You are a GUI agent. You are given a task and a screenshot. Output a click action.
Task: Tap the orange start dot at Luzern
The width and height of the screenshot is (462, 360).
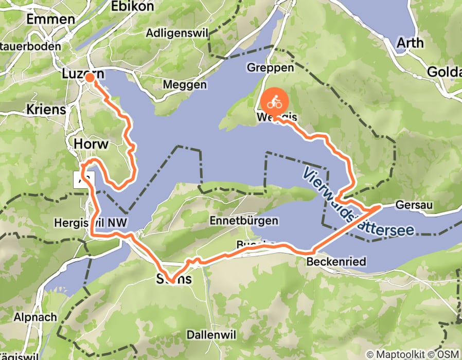tap(89, 78)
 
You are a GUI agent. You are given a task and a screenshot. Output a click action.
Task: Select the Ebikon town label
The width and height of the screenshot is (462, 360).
tap(133, 7)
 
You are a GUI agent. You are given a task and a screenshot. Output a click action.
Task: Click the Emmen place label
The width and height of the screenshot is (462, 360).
tap(50, 20)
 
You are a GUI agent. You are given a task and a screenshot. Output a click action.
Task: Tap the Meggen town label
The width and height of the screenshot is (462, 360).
tap(185, 84)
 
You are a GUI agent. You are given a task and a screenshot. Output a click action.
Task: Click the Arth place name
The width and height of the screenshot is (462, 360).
tap(410, 43)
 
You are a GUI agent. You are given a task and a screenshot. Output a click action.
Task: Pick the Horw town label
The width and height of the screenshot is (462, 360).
tap(91, 143)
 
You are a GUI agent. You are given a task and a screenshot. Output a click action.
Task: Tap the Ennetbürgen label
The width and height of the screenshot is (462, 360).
tap(244, 221)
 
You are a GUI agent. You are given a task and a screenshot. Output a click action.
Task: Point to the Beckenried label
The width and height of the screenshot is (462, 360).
tap(336, 262)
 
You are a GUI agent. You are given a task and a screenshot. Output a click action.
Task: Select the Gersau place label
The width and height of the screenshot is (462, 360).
tap(415, 206)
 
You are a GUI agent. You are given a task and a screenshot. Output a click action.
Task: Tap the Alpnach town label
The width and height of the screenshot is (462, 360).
tap(35, 317)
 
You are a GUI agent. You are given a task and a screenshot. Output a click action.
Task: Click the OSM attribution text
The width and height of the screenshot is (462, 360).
tap(447, 354)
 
